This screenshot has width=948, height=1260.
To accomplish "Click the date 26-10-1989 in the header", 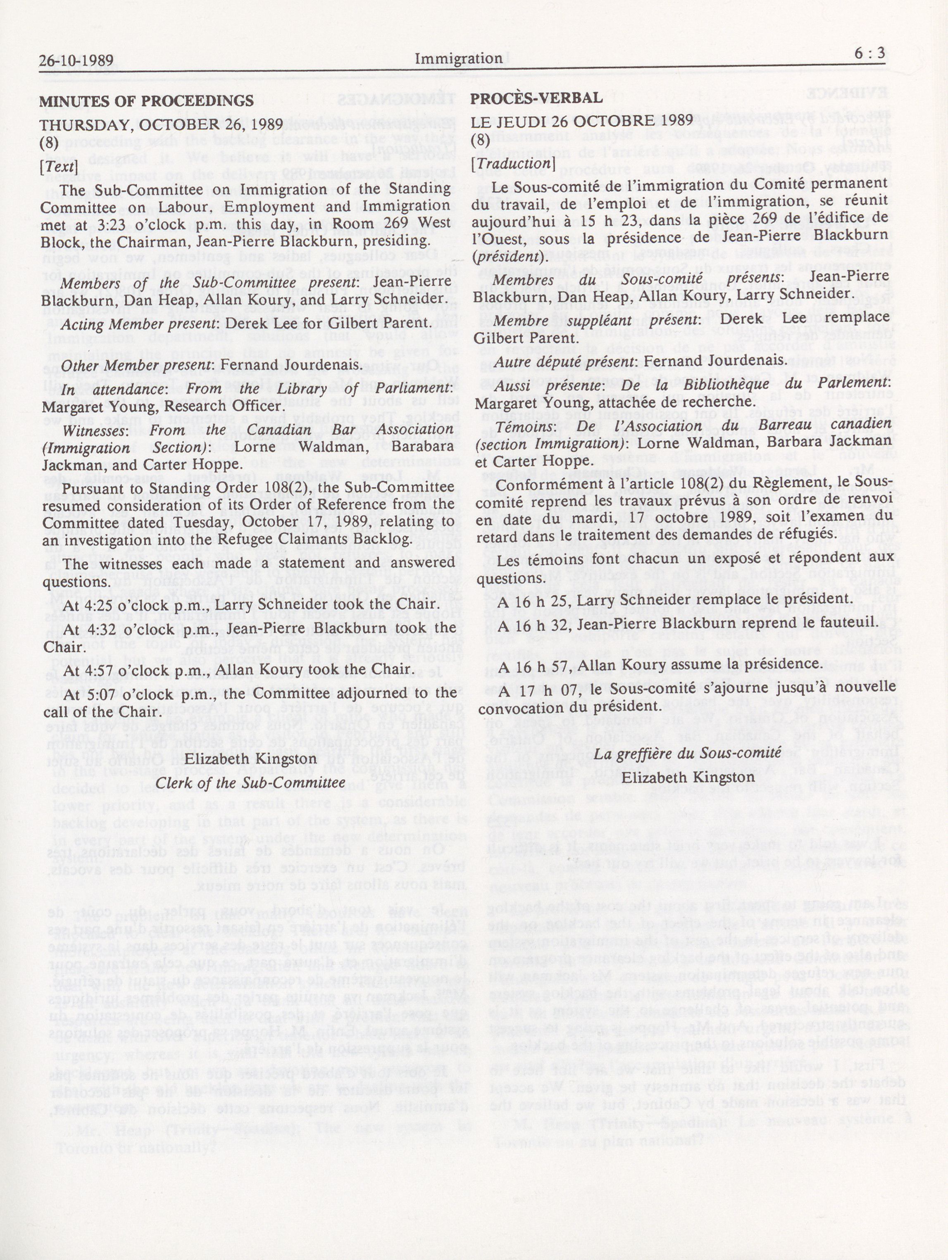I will point(76,60).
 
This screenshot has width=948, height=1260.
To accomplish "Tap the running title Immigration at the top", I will point(458,58).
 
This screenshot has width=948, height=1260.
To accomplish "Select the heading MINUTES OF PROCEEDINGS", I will point(146,101).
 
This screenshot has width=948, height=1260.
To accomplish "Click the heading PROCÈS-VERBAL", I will point(536,98).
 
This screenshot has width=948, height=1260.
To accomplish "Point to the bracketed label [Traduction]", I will point(513,162).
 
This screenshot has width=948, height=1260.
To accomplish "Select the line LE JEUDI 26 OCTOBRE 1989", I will point(582,121).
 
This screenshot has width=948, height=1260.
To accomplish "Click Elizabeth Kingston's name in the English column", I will point(251,759).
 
